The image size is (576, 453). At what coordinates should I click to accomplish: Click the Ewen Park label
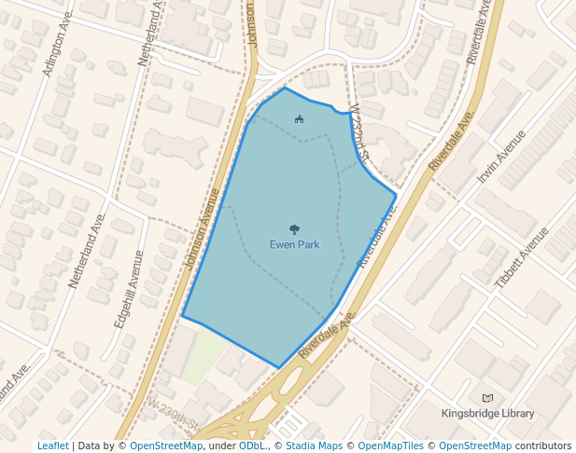(x=294, y=245)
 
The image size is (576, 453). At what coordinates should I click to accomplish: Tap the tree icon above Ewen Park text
(x=294, y=228)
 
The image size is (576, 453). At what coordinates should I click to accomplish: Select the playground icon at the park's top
(x=299, y=118)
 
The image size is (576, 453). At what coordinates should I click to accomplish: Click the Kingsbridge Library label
(x=488, y=414)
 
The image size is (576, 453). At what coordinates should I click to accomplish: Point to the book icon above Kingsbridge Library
(x=487, y=398)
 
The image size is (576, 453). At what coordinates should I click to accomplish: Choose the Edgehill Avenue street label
(x=128, y=289)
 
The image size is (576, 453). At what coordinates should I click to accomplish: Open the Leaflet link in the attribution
(x=52, y=446)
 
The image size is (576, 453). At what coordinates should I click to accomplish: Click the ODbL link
(x=252, y=446)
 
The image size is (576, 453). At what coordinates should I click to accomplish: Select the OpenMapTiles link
(x=395, y=446)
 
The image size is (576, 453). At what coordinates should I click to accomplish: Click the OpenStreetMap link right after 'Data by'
(x=165, y=446)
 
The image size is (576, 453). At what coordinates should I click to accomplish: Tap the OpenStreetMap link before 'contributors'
(x=475, y=446)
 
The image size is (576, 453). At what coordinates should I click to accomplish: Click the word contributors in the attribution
(x=543, y=446)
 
